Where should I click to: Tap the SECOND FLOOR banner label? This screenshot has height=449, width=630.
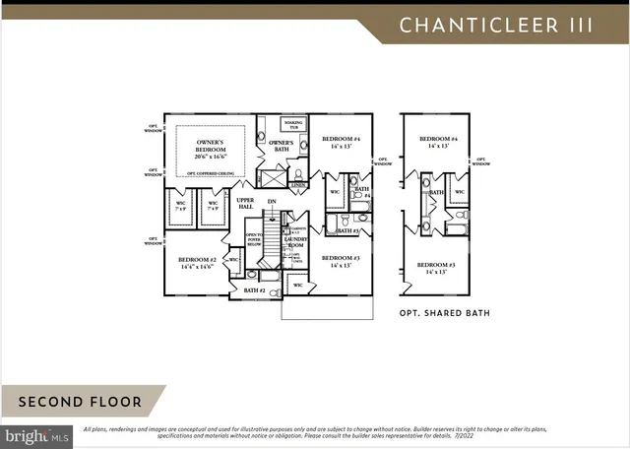click(79, 402)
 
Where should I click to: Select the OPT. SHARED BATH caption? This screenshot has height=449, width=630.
click(444, 313)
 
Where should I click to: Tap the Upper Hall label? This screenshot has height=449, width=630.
click(245, 204)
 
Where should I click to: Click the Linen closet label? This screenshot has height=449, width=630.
click(298, 184)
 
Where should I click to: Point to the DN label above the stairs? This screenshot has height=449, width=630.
click(271, 202)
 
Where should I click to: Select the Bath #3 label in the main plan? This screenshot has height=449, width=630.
click(345, 230)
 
